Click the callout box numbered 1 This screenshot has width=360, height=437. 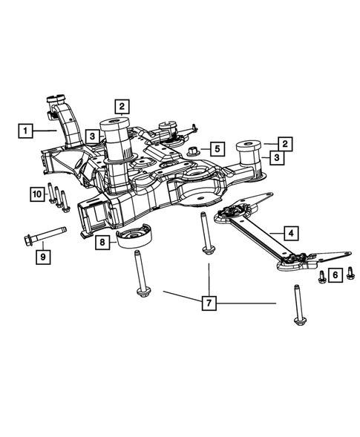[x=25, y=131]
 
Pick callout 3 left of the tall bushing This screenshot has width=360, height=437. [x=91, y=137]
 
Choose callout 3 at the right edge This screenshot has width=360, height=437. [x=275, y=157]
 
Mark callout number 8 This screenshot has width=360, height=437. [x=36, y=194]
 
